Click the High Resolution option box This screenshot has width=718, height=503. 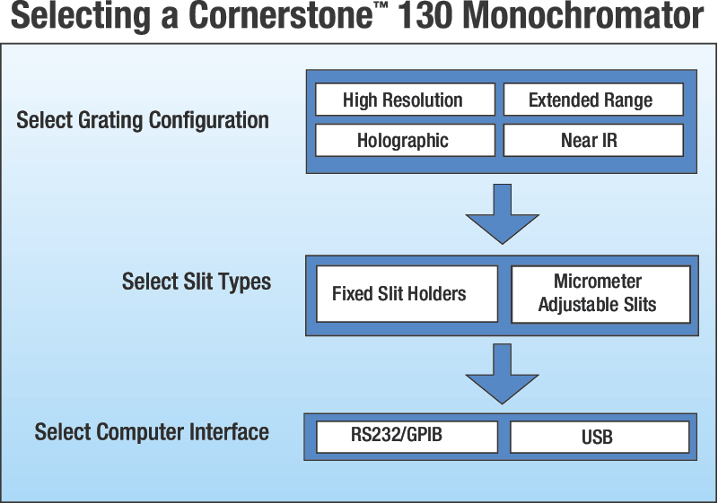pyautogui.click(x=404, y=100)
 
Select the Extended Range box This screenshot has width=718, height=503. pyautogui.click(x=592, y=100)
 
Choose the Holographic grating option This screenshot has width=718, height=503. pyautogui.click(x=404, y=140)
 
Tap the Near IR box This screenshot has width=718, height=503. pyautogui.click(x=592, y=140)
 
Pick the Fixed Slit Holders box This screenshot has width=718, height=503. pyautogui.click(x=407, y=293)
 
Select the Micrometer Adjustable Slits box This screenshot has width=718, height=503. pyautogui.click(x=600, y=293)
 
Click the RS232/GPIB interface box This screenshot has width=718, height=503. pyautogui.click(x=407, y=437)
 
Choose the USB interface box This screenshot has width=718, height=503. pyautogui.click(x=600, y=437)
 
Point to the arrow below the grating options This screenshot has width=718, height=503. pyautogui.click(x=502, y=214)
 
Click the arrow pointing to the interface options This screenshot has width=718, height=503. pyautogui.click(x=502, y=373)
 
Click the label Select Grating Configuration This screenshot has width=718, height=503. pyautogui.click(x=143, y=120)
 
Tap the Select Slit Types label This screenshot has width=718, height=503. pyautogui.click(x=197, y=282)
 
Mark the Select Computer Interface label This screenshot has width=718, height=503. pyautogui.click(x=152, y=432)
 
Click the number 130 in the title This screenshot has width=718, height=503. pyautogui.click(x=428, y=18)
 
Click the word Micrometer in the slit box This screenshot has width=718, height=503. pyautogui.click(x=598, y=282)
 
